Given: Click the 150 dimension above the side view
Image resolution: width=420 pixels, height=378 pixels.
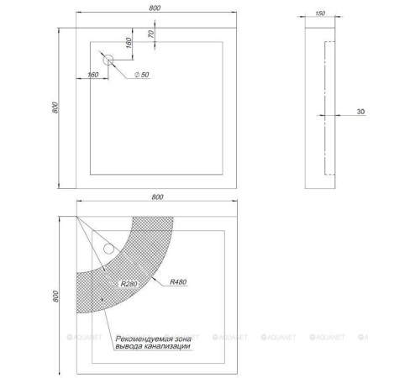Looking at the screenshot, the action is [x=320, y=13].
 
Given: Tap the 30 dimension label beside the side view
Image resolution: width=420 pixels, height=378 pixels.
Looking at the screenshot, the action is [x=360, y=112].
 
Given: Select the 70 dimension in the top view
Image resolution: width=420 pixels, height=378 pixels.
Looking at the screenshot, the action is [x=151, y=34].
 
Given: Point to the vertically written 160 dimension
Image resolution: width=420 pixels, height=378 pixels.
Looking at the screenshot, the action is [x=129, y=43].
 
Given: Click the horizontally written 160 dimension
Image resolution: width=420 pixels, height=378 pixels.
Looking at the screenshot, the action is [x=92, y=75].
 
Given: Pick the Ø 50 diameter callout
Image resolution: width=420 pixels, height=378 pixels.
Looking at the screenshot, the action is [x=142, y=75].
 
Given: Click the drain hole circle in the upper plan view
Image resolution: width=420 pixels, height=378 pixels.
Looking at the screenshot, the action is [x=108, y=60].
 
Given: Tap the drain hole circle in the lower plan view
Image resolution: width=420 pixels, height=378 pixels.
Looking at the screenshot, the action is [x=108, y=249].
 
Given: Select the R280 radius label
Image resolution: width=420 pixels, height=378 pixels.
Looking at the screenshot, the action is [x=129, y=284].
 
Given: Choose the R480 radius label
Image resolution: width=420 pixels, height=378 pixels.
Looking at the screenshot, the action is [x=178, y=281].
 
